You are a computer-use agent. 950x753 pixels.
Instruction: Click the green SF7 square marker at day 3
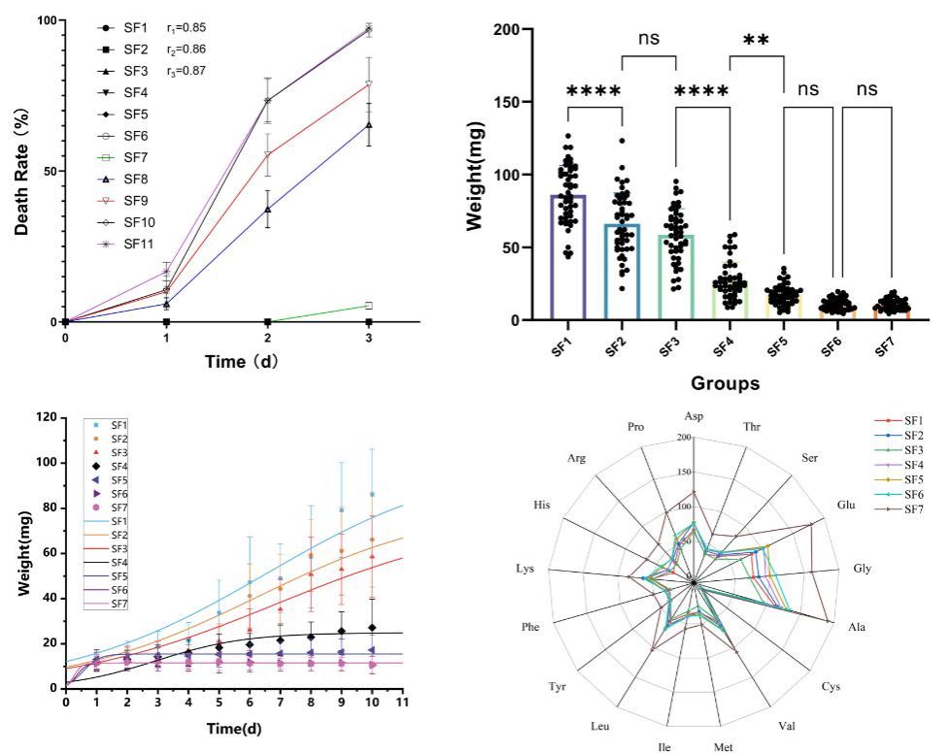pos(368,306)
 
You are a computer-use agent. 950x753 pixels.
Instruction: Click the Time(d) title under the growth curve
pos(232,728)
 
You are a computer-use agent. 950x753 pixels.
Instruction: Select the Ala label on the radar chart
pos(855,626)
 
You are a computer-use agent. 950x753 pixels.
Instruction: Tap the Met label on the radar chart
pos(722,745)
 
